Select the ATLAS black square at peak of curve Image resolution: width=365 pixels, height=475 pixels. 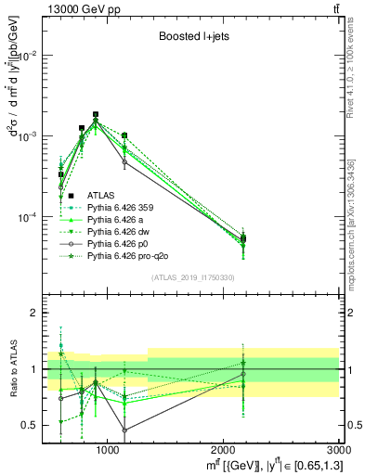(96, 115)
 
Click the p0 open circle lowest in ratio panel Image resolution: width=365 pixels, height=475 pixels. (124, 430)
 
